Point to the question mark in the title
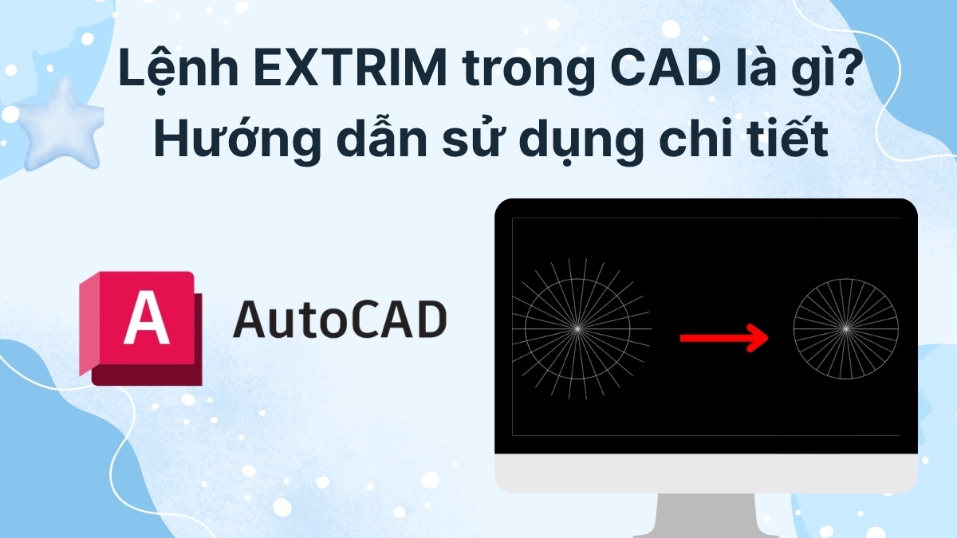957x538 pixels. (x=826, y=73)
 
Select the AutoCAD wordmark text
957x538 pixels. (x=339, y=320)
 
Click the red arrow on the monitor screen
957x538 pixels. (x=723, y=338)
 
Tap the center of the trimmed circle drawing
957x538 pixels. (x=845, y=328)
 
